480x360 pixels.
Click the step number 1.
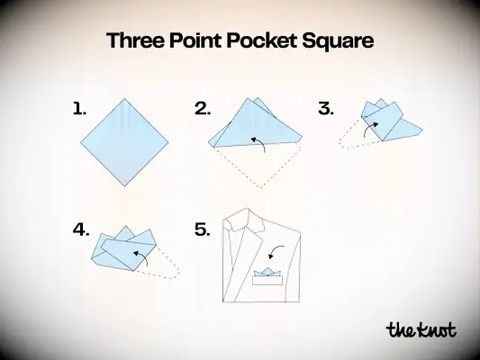(80, 109)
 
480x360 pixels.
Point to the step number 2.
(203, 109)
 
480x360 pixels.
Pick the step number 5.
(203, 229)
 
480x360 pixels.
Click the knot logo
(421, 329)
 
